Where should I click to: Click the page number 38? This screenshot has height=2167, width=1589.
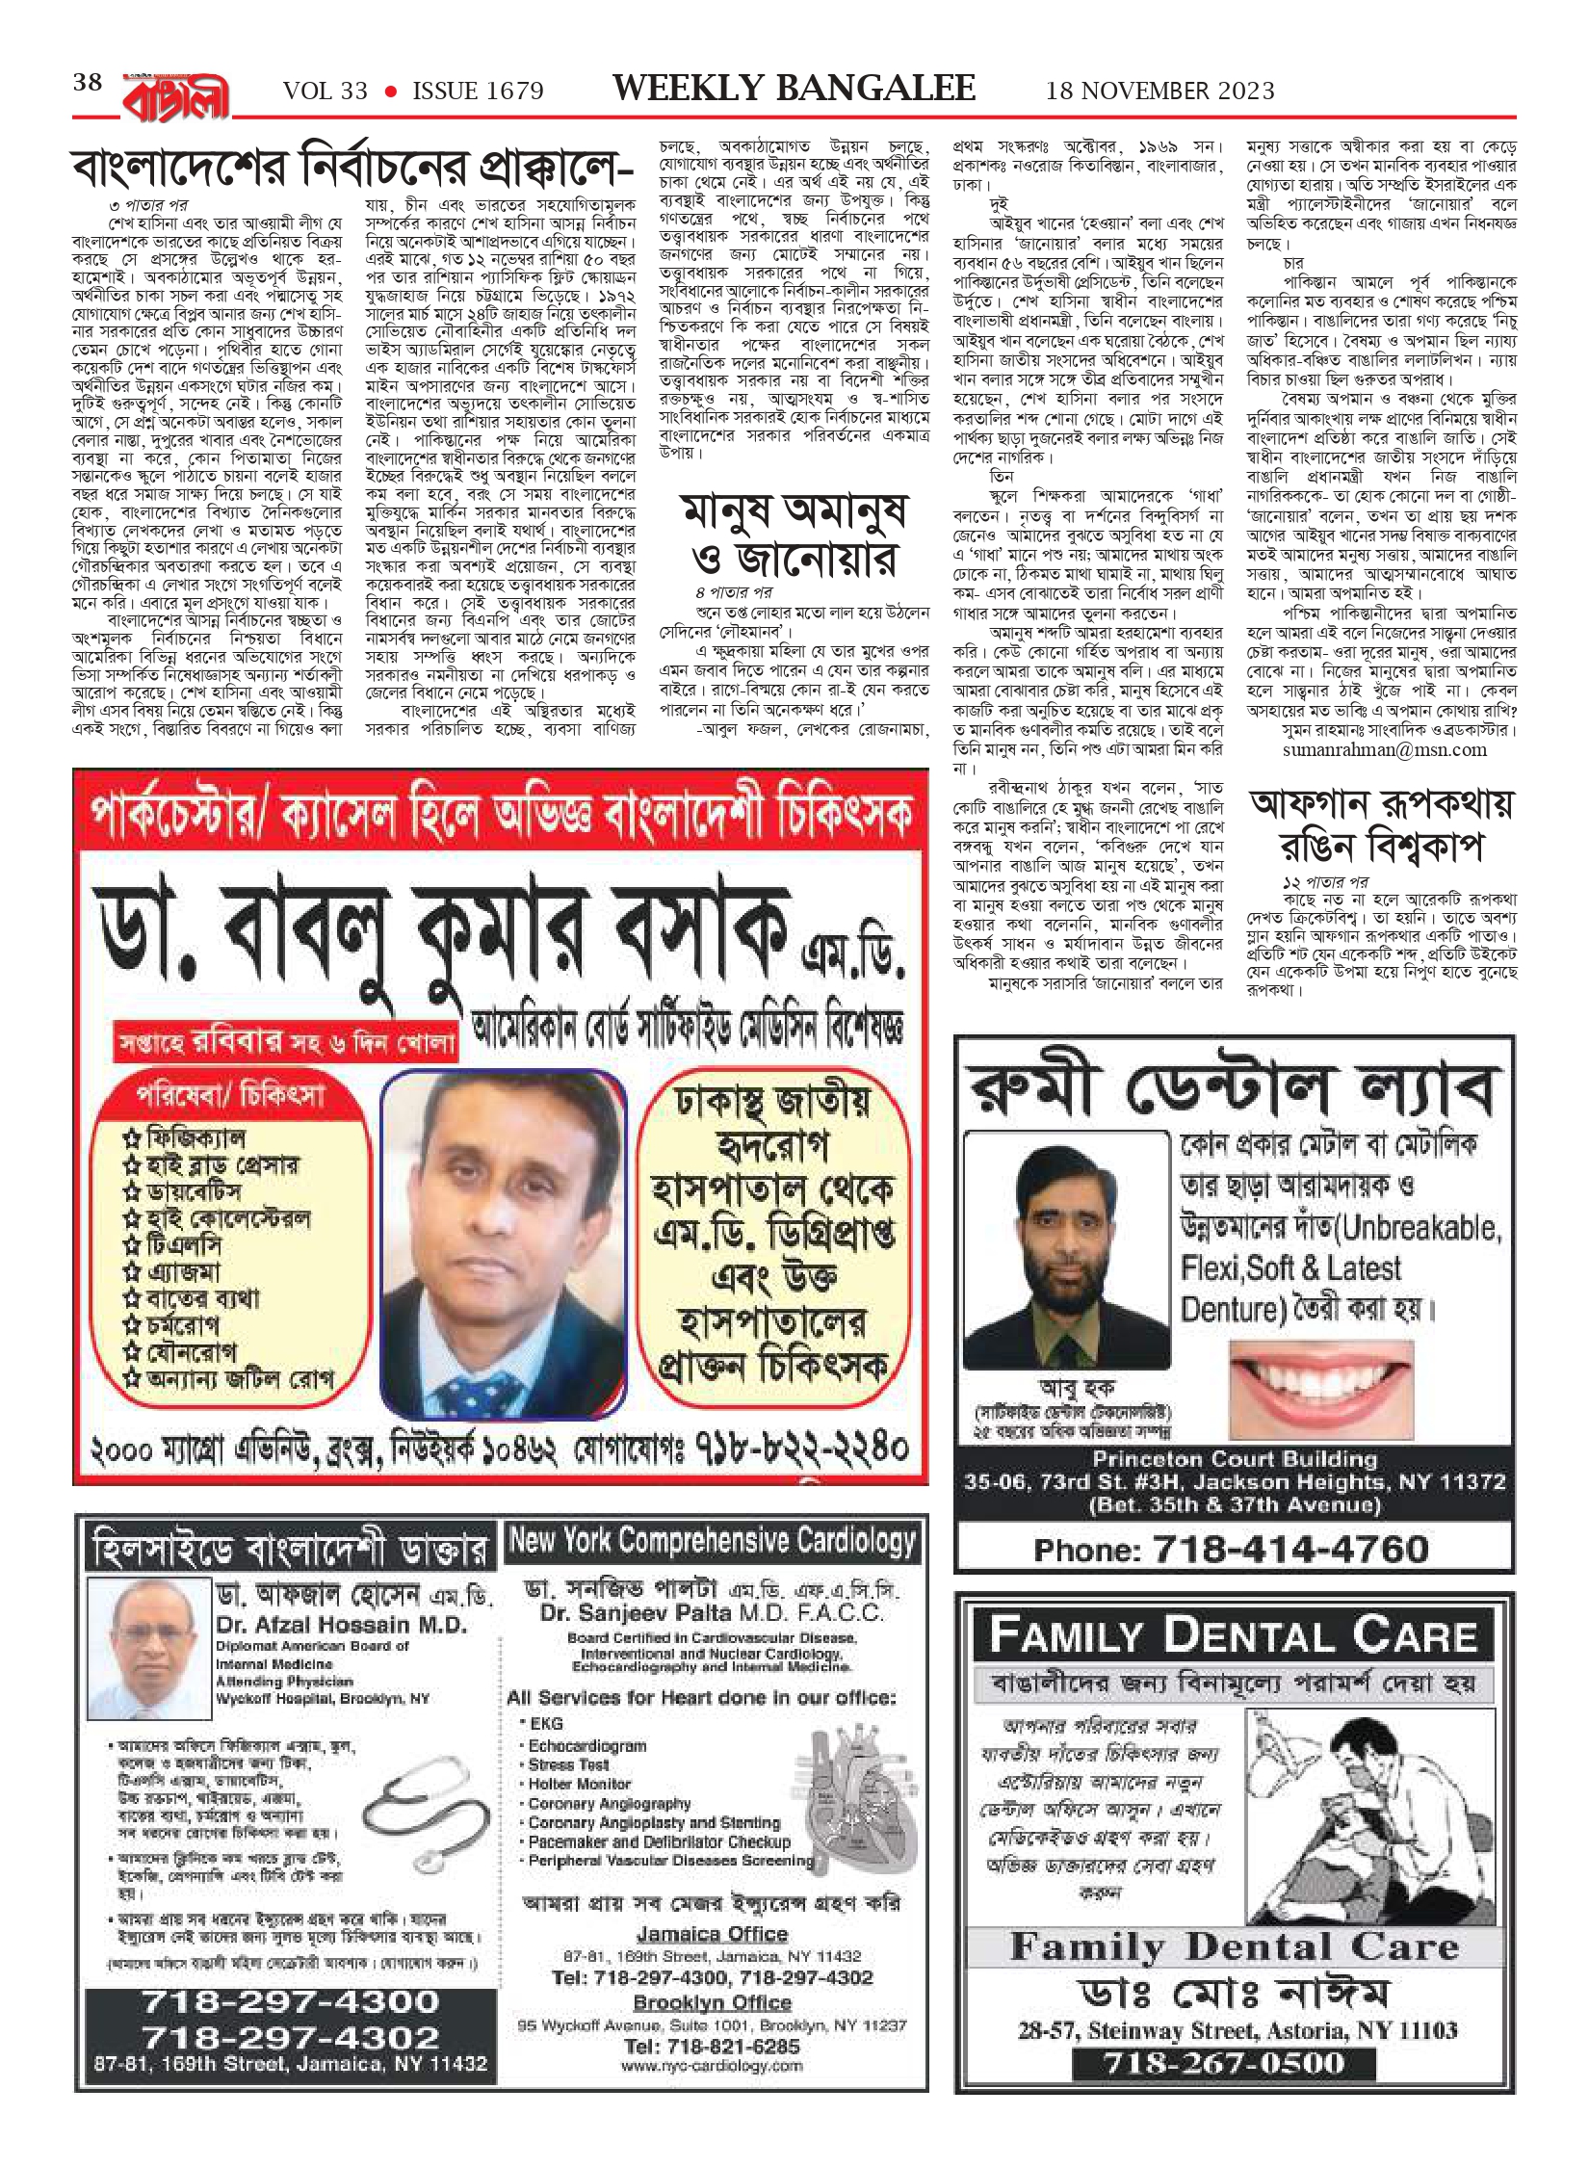(x=88, y=83)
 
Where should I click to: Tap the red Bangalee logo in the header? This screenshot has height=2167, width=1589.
(x=176, y=94)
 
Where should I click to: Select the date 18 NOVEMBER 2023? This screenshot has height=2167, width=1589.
(x=1159, y=91)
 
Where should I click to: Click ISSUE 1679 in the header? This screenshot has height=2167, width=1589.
(x=478, y=91)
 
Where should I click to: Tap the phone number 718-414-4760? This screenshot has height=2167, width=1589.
(x=1232, y=1549)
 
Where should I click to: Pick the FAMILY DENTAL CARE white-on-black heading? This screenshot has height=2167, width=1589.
(x=1234, y=1635)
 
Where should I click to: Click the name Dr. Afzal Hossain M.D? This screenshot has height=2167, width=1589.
(x=341, y=1625)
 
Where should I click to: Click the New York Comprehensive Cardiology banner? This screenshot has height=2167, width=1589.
(x=712, y=1541)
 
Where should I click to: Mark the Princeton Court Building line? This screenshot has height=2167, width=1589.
(x=1235, y=1459)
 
